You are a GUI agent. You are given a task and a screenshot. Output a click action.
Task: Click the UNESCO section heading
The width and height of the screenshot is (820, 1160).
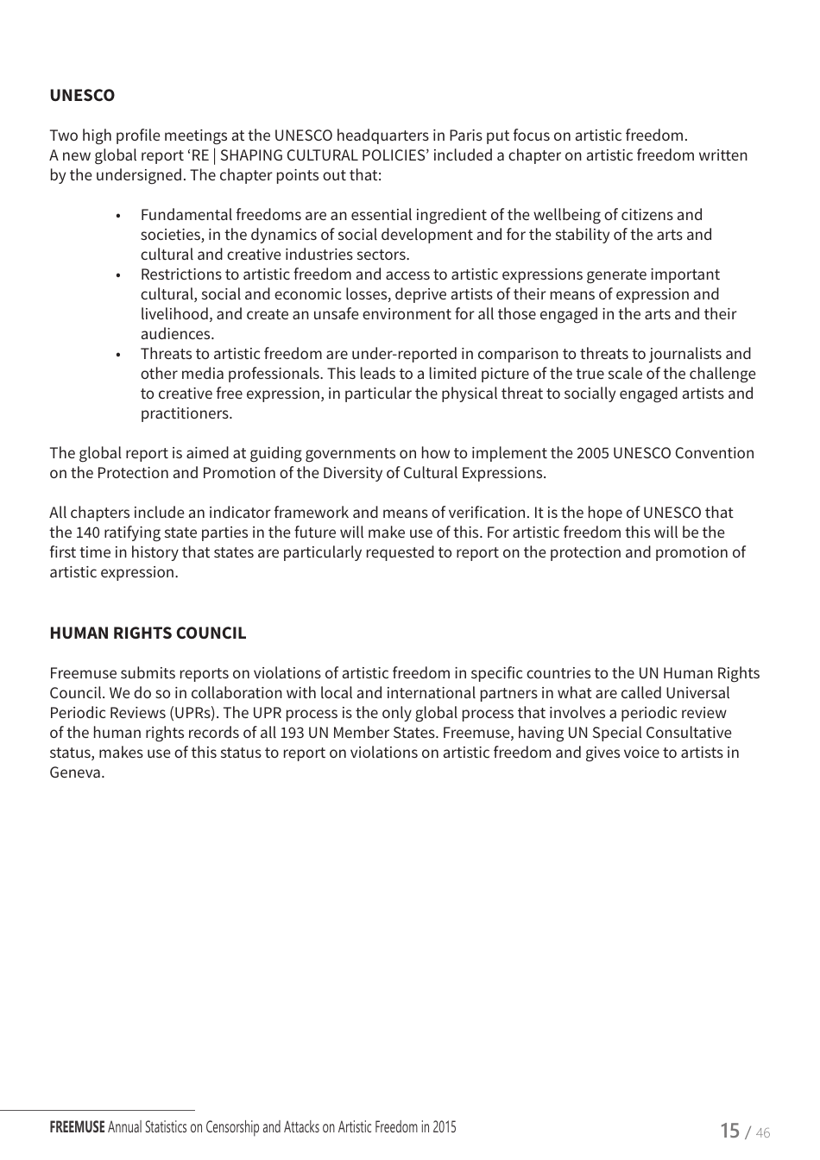click(82, 96)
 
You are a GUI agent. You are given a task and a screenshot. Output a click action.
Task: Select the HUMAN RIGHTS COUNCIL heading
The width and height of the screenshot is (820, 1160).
click(148, 634)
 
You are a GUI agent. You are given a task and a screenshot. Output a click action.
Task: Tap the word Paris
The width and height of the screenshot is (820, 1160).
click(465, 136)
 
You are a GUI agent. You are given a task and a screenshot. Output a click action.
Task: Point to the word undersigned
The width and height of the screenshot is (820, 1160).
click(142, 175)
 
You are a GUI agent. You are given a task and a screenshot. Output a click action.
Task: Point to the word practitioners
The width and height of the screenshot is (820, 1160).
click(186, 413)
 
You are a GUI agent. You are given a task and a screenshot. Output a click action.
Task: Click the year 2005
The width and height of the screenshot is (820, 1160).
click(592, 454)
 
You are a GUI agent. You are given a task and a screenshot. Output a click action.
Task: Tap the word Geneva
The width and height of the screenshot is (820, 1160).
click(76, 773)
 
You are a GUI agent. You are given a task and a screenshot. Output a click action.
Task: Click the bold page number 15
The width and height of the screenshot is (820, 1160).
click(729, 1131)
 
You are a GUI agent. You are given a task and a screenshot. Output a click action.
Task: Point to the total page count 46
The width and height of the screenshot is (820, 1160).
click(762, 1133)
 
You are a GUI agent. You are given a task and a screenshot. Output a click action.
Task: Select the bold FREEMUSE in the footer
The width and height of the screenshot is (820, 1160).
click(77, 1127)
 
